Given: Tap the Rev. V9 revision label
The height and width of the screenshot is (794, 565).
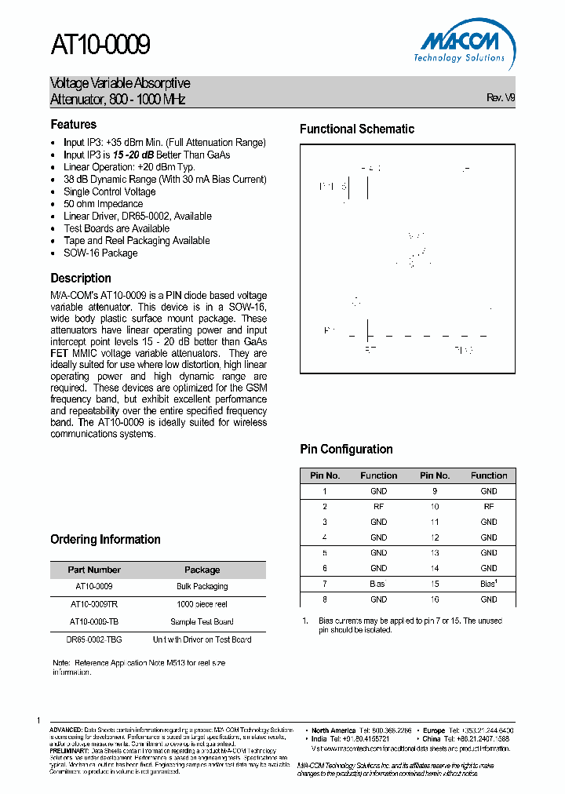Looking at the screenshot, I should pyautogui.click(x=501, y=97).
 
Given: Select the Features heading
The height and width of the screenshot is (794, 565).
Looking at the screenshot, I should pyautogui.click(x=74, y=124).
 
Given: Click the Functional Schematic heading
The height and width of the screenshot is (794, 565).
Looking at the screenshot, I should pyautogui.click(x=356, y=129).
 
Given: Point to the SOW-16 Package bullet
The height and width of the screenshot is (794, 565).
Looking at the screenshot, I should pyautogui.click(x=100, y=253).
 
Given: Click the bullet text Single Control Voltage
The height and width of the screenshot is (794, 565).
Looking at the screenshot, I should pyautogui.click(x=110, y=191).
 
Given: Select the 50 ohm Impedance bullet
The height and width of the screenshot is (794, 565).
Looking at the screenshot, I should pyautogui.click(x=103, y=204).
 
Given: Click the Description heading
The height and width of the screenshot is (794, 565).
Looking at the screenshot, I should pyautogui.click(x=81, y=278).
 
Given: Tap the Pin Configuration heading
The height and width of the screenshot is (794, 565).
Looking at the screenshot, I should pyautogui.click(x=346, y=449).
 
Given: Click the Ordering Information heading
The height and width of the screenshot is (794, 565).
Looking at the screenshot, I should pyautogui.click(x=105, y=539).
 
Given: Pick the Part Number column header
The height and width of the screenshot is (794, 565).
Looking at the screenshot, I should pyautogui.click(x=94, y=570).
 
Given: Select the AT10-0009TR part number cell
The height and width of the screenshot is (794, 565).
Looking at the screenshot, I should pyautogui.click(x=94, y=604).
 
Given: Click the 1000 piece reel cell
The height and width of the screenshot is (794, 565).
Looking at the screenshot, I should pyautogui.click(x=202, y=604).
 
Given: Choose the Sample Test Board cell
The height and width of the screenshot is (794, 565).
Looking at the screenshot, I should pyautogui.click(x=202, y=621).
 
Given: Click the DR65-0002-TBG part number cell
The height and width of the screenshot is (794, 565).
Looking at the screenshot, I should pyautogui.click(x=94, y=639).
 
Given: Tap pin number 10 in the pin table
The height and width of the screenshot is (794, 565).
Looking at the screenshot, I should pyautogui.click(x=434, y=507).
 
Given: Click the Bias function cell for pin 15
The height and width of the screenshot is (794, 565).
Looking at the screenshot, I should pyautogui.click(x=489, y=584).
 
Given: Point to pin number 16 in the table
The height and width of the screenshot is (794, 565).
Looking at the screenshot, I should pyautogui.click(x=434, y=599).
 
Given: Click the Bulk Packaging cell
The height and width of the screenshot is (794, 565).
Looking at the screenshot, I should pyautogui.click(x=202, y=586).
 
